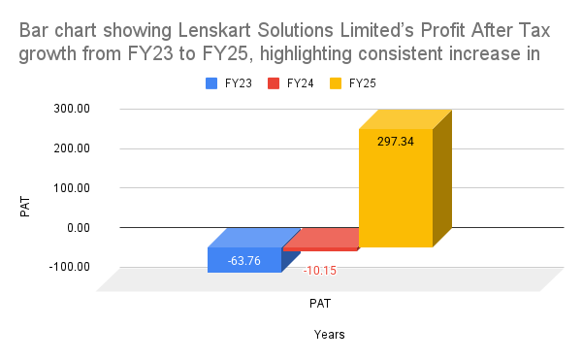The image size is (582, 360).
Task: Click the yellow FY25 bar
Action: coord(395,189)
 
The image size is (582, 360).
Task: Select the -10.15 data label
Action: coord(320,270)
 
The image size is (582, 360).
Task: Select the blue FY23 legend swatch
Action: coord(211,84)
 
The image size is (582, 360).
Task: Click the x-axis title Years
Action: coord(329,334)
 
